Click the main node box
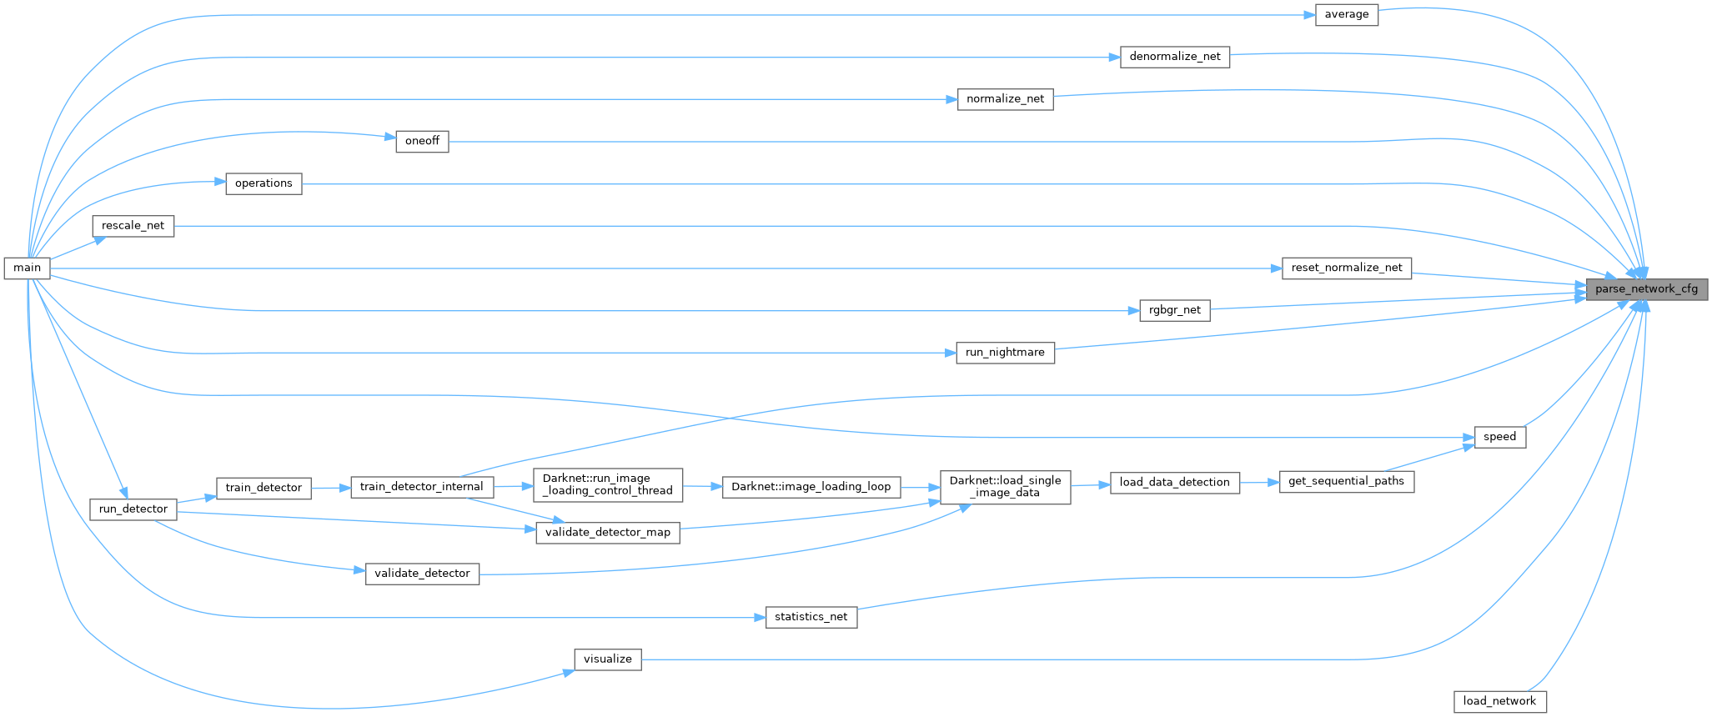(x=27, y=268)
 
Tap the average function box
(x=1346, y=15)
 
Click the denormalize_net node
(x=1174, y=57)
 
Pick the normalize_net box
(x=1005, y=99)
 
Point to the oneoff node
(x=422, y=141)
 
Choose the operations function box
(x=264, y=183)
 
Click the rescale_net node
(x=133, y=226)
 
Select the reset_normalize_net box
(x=1346, y=268)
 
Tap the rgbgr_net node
(x=1174, y=310)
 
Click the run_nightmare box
(x=1005, y=353)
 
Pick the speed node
(x=1499, y=437)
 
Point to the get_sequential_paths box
(x=1346, y=481)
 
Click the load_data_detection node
(x=1174, y=482)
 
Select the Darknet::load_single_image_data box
(x=1005, y=486)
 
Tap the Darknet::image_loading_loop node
(x=811, y=487)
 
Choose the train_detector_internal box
(x=421, y=487)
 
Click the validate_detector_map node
(x=607, y=532)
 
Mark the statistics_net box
(x=811, y=617)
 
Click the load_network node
(x=1499, y=701)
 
